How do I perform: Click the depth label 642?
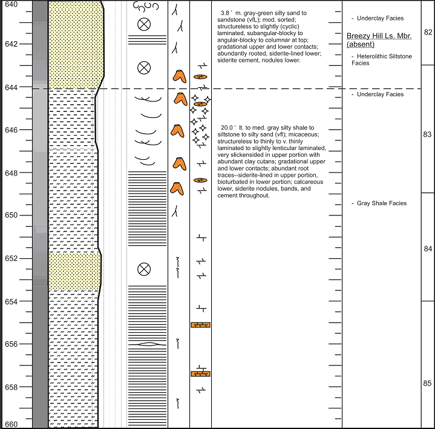coord(11,44)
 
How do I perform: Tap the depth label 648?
coord(11,174)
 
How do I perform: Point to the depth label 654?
coord(11,302)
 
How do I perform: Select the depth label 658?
coord(11,387)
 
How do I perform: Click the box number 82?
coord(428,32)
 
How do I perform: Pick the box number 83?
coord(427,134)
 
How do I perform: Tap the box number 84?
coord(428,249)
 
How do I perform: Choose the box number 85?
coord(427,384)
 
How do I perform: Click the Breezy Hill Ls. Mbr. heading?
coord(379,36)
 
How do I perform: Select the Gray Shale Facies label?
coord(382,203)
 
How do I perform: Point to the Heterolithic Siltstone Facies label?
coord(382,60)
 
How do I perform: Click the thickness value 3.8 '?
coord(226,13)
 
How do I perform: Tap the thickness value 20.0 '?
coord(228,128)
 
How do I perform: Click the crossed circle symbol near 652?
coord(144,269)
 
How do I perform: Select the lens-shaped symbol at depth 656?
coord(149,344)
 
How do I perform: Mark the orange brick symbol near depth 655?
coord(200,325)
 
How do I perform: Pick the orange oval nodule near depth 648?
coord(200,180)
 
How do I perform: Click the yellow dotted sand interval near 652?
coord(75,272)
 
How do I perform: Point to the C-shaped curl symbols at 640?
coord(146,7)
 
